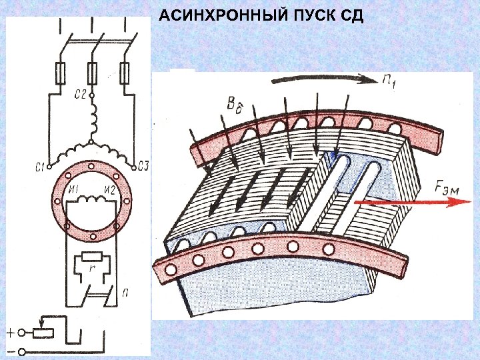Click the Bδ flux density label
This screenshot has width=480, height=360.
235,105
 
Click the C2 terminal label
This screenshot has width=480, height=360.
81,95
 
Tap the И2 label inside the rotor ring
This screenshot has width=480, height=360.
110,191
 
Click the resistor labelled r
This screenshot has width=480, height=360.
91,257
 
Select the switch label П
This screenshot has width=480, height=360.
125,291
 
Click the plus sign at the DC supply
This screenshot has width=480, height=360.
11,331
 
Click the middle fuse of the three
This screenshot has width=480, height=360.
92,73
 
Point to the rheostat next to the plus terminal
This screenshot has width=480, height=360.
43,331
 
